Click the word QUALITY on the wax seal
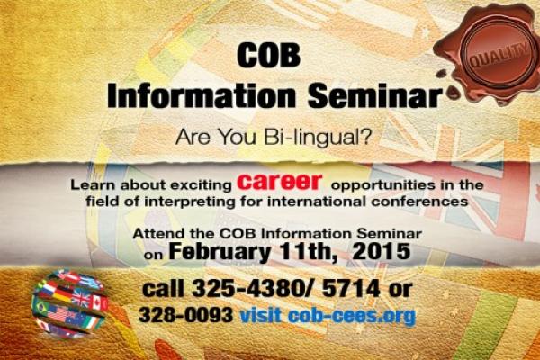499,55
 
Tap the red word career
280,181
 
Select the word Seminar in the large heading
375,95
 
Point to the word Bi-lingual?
318,137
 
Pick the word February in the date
220,252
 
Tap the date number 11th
308,251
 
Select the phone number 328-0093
185,314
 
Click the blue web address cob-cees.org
352,315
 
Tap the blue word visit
260,314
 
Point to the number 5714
351,288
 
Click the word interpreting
189,202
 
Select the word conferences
419,201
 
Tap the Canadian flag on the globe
99,302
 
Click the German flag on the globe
62,295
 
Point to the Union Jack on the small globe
81,298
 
